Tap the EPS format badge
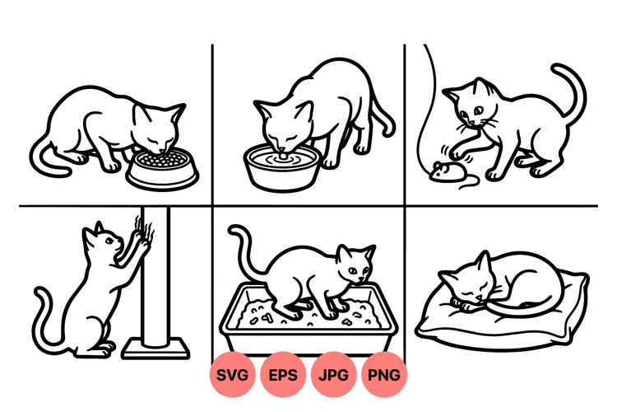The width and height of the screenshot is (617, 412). coord(284,375)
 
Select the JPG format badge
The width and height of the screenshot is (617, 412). coord(334,375)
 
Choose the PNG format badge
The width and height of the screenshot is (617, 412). coord(384,375)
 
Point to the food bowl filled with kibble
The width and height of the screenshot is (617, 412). coord(163,168)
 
